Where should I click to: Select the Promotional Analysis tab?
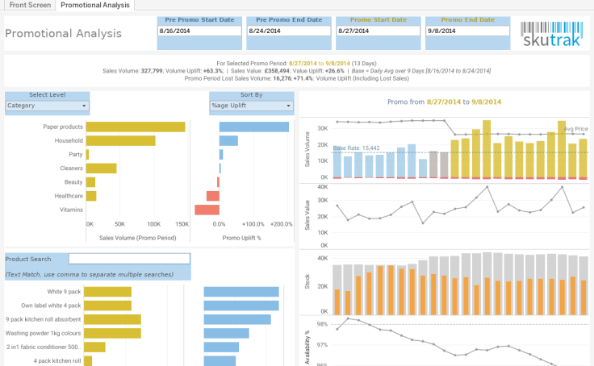(95, 5)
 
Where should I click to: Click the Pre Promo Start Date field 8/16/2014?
(199, 31)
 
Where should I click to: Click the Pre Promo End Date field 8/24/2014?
(287, 31)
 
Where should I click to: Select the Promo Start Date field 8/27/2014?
(376, 31)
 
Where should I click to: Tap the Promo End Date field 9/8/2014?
(467, 31)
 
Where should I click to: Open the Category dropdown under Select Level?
(47, 106)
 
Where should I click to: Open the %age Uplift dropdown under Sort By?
(251, 106)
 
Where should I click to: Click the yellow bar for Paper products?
(136, 127)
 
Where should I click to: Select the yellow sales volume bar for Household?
(120, 140)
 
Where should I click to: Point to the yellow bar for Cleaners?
(101, 168)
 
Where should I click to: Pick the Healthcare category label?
(68, 196)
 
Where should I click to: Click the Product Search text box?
(129, 259)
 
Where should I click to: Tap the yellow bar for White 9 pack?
(108, 292)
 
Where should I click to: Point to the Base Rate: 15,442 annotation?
(356, 148)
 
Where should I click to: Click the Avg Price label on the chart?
(575, 129)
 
